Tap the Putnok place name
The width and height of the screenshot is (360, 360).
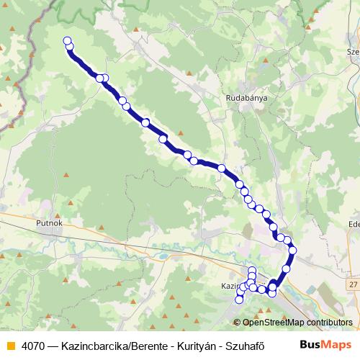[50, 224]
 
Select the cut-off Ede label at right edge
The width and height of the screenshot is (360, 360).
[353, 224]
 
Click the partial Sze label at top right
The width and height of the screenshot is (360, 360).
[353, 52]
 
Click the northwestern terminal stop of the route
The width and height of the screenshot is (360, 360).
[68, 41]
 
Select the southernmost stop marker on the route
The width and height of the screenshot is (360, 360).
[240, 300]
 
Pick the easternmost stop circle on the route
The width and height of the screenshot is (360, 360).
[292, 250]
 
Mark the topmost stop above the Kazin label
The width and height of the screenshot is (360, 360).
[252, 271]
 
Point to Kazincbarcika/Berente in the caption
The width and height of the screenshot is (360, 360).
[112, 344]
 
